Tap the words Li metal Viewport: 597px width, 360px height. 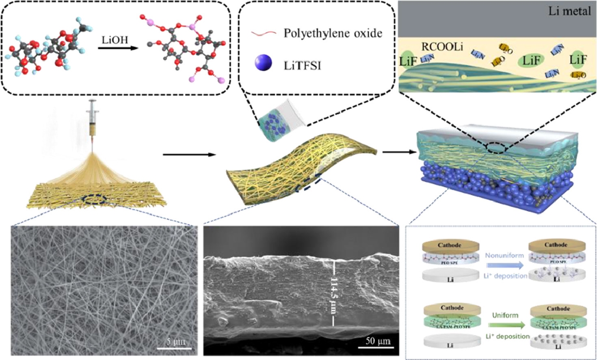[x=569, y=11]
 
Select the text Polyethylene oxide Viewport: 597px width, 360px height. [x=333, y=33]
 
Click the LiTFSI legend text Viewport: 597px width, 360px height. [x=302, y=65]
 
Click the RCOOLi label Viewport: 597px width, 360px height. [x=442, y=47]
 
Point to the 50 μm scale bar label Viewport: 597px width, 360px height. [x=378, y=340]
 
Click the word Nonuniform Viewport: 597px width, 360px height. [x=504, y=256]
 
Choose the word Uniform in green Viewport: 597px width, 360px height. [x=505, y=315]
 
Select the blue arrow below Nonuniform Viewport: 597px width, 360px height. [x=504, y=265]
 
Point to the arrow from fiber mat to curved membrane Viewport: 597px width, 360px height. [x=188, y=154]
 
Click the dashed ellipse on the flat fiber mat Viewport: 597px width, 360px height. [x=95, y=199]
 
